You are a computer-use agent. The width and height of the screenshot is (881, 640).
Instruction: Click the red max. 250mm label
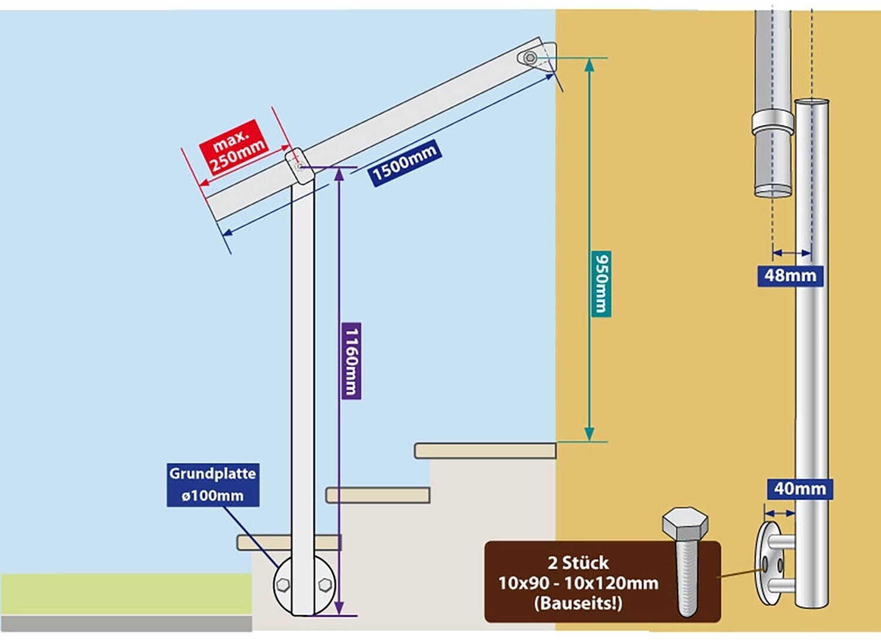(x=234, y=147)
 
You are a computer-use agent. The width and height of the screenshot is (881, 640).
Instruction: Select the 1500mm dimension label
(x=405, y=163)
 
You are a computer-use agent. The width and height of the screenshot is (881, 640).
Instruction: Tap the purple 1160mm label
(x=351, y=361)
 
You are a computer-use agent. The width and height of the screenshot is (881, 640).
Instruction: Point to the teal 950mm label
(x=601, y=284)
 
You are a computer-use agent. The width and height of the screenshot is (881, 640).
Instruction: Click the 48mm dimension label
(x=791, y=276)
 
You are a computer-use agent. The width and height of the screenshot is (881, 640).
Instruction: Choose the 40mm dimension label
(x=800, y=489)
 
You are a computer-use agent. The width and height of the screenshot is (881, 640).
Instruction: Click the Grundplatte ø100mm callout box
(x=213, y=484)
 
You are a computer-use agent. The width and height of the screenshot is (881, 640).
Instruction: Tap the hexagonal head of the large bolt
(x=685, y=523)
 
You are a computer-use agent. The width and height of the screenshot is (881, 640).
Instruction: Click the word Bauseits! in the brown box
(x=578, y=604)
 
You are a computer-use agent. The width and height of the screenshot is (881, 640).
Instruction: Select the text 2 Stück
(x=578, y=562)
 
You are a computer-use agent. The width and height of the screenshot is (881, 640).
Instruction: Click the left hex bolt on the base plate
(x=283, y=585)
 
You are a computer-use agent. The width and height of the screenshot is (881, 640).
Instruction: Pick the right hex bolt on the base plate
(x=325, y=585)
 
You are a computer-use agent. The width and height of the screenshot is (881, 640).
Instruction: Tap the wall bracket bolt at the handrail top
(x=530, y=58)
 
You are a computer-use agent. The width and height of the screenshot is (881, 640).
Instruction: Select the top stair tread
(x=485, y=450)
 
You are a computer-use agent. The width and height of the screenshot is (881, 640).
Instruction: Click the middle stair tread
(x=378, y=495)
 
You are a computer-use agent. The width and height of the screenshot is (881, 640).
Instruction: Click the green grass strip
(x=126, y=594)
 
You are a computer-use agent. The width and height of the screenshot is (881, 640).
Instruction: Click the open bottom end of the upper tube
(x=773, y=192)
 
